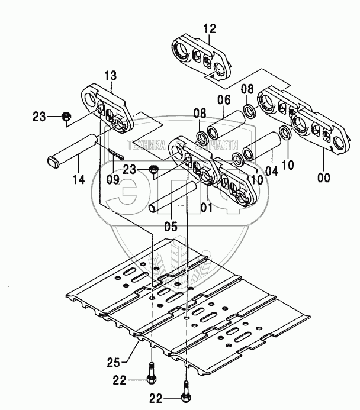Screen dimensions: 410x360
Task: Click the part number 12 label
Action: (194, 27)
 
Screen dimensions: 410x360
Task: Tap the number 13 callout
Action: (111, 76)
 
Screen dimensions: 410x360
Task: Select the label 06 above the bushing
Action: (223, 100)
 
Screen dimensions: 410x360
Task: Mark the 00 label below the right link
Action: (324, 176)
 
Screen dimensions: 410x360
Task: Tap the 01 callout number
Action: (205, 208)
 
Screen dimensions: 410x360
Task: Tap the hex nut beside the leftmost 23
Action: (66, 115)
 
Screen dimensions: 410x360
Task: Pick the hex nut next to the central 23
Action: (153, 170)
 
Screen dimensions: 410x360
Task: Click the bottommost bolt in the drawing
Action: (185, 394)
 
